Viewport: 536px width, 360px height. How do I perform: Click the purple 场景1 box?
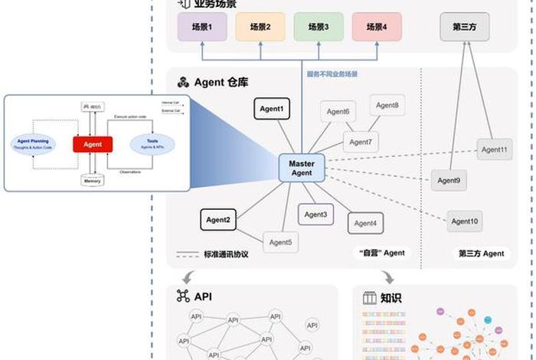pos(201,27)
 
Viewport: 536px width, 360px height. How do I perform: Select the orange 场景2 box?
pos(260,27)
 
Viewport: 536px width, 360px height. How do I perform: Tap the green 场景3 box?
pos(319,27)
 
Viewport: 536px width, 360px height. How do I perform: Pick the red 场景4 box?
pos(377,27)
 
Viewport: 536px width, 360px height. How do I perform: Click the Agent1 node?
pos(272,110)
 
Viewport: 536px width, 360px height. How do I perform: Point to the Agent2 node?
pos(218,221)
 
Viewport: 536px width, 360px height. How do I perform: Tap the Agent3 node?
pos(315,214)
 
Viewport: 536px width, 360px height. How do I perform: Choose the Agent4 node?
pos(365,224)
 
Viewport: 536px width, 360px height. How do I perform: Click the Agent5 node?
pos(279,243)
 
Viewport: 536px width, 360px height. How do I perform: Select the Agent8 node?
pos(387,106)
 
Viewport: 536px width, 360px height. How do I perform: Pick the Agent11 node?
pos(494,149)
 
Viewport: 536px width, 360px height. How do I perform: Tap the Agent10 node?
pos(465,221)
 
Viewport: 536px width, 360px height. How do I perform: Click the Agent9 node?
pos(449,181)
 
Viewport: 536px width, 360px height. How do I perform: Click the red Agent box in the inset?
pos(93,144)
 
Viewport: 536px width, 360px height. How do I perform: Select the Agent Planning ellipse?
pos(33,143)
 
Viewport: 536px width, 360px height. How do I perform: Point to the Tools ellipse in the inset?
pos(152,143)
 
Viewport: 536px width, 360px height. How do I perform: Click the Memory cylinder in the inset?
pos(93,181)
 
